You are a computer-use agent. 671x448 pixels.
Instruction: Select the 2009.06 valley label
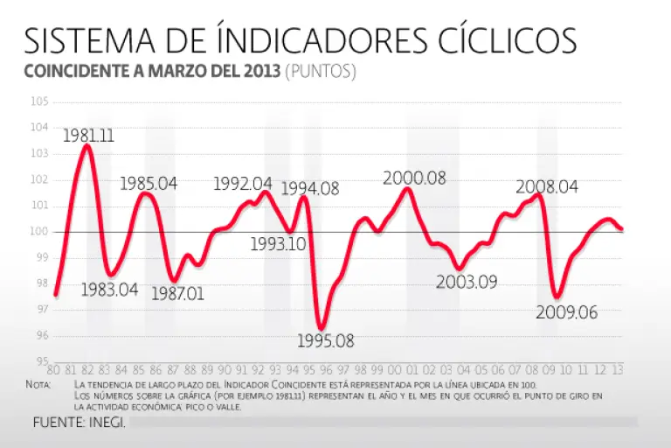[567, 312]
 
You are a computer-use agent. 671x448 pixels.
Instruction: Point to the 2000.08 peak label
[414, 178]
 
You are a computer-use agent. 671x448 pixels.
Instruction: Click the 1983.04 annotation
[109, 290]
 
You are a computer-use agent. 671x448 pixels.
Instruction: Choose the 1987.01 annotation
[177, 293]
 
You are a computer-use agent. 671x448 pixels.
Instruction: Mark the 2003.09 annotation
[467, 282]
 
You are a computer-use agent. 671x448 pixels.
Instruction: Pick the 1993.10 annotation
[278, 244]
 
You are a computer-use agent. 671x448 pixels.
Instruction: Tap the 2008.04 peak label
[547, 187]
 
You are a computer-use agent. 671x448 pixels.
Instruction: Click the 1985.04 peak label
[149, 184]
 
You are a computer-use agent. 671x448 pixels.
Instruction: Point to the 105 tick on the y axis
[39, 102]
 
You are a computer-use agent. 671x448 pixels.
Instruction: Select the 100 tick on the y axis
[39, 232]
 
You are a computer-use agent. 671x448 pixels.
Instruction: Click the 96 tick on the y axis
[41, 335]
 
